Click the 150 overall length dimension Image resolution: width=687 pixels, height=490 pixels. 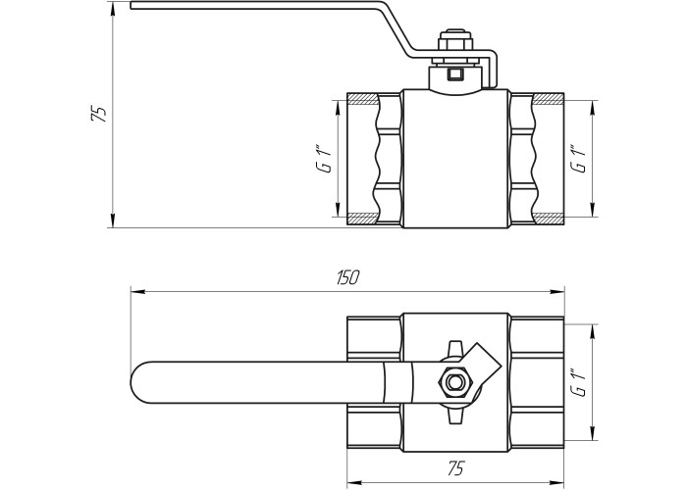click(348, 277)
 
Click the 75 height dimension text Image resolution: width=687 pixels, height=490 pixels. click(98, 114)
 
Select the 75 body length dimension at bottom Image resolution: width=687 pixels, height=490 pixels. click(455, 468)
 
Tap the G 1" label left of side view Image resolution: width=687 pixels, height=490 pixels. click(326, 161)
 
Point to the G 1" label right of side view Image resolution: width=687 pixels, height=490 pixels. click(578, 158)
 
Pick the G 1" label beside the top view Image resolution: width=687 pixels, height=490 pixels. click(578, 383)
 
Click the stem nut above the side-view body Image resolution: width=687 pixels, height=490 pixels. click(456, 42)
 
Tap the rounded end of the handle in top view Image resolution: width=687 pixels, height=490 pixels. click(140, 382)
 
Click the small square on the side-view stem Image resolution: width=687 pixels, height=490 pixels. click(455, 74)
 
